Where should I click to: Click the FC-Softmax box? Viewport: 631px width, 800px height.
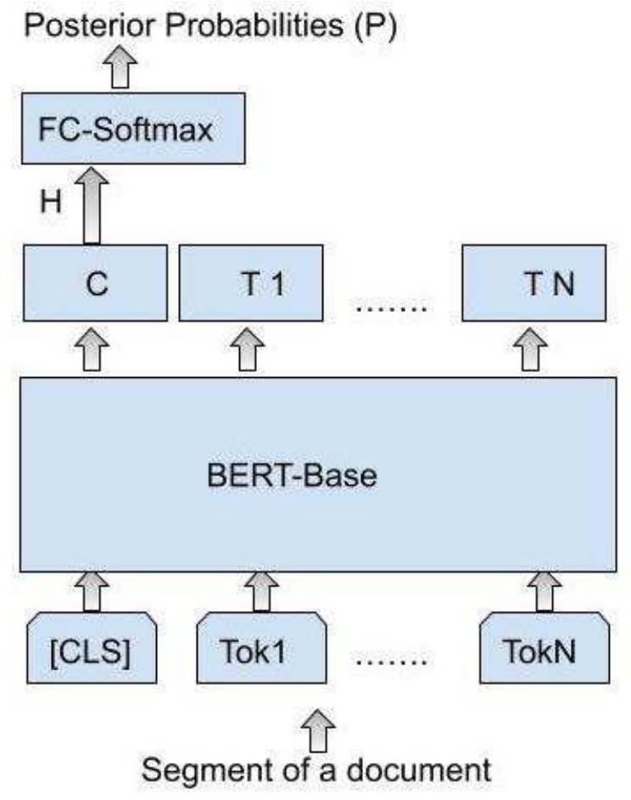(133, 129)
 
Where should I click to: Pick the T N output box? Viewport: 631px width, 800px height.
(533, 283)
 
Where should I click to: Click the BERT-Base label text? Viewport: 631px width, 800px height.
(291, 475)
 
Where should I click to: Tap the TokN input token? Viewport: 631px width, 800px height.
(543, 654)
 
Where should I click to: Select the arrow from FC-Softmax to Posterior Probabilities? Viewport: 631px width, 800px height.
(125, 72)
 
